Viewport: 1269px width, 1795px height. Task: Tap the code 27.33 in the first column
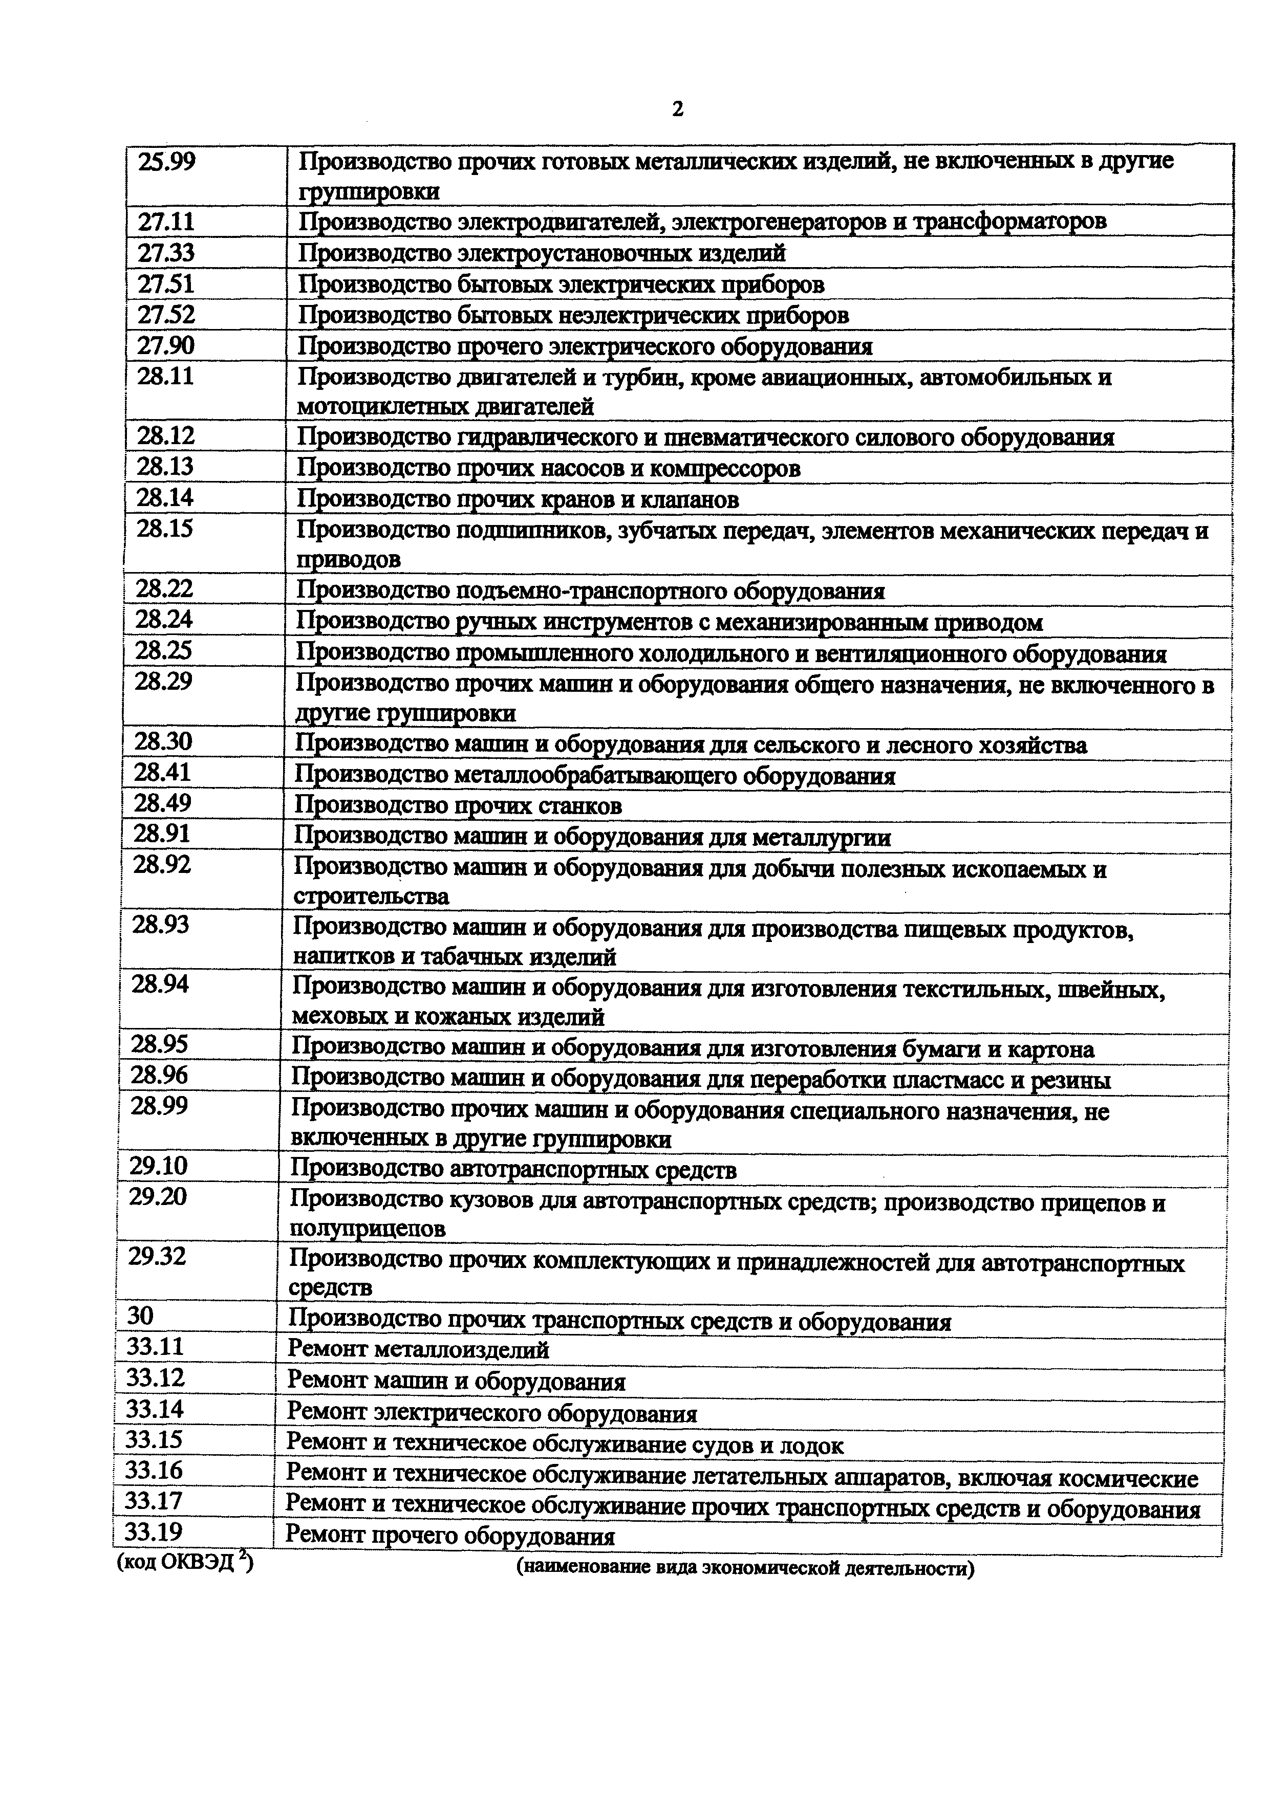pyautogui.click(x=166, y=253)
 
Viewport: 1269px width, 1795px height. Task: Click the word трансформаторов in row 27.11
pyautogui.click(x=1010, y=222)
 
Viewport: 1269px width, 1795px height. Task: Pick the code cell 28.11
pyautogui.click(x=165, y=377)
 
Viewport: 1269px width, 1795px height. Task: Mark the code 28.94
pyautogui.click(x=160, y=983)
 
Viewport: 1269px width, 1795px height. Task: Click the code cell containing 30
pyautogui.click(x=141, y=1316)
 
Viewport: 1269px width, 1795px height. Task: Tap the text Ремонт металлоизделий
pyautogui.click(x=418, y=1349)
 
